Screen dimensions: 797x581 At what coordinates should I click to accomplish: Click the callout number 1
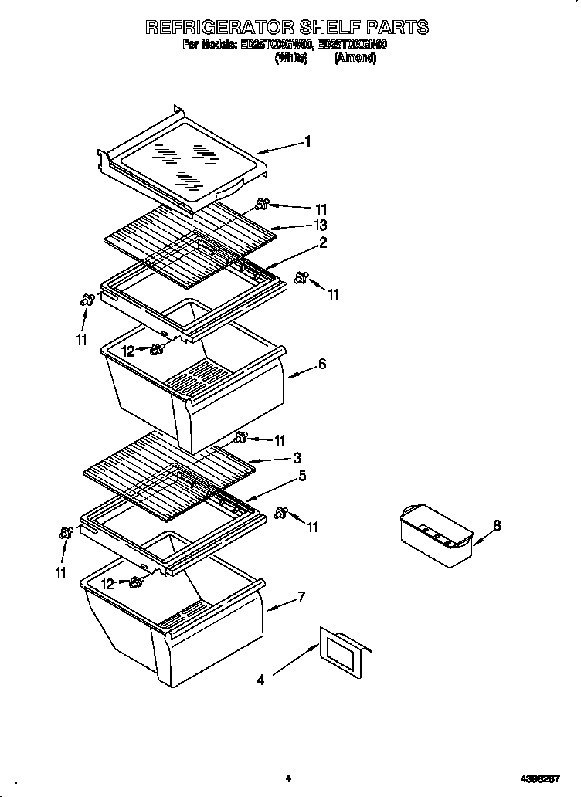[307, 141]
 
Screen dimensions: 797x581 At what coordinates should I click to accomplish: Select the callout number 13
[320, 226]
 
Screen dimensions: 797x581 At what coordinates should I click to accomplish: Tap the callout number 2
[323, 242]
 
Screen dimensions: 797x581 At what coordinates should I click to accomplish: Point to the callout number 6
[321, 365]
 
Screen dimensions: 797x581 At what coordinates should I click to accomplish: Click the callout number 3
[297, 458]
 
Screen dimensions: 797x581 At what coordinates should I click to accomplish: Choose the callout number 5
[302, 476]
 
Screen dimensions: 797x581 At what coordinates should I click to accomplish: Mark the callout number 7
[301, 597]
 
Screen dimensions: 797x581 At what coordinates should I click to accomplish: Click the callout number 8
[497, 525]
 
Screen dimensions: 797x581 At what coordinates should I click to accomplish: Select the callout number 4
[260, 680]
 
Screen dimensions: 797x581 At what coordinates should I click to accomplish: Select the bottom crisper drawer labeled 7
[170, 618]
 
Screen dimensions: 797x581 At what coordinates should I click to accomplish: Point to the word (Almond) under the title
[355, 59]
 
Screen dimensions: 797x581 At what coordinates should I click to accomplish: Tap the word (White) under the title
[291, 59]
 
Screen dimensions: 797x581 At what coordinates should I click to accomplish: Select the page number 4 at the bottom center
[287, 778]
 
